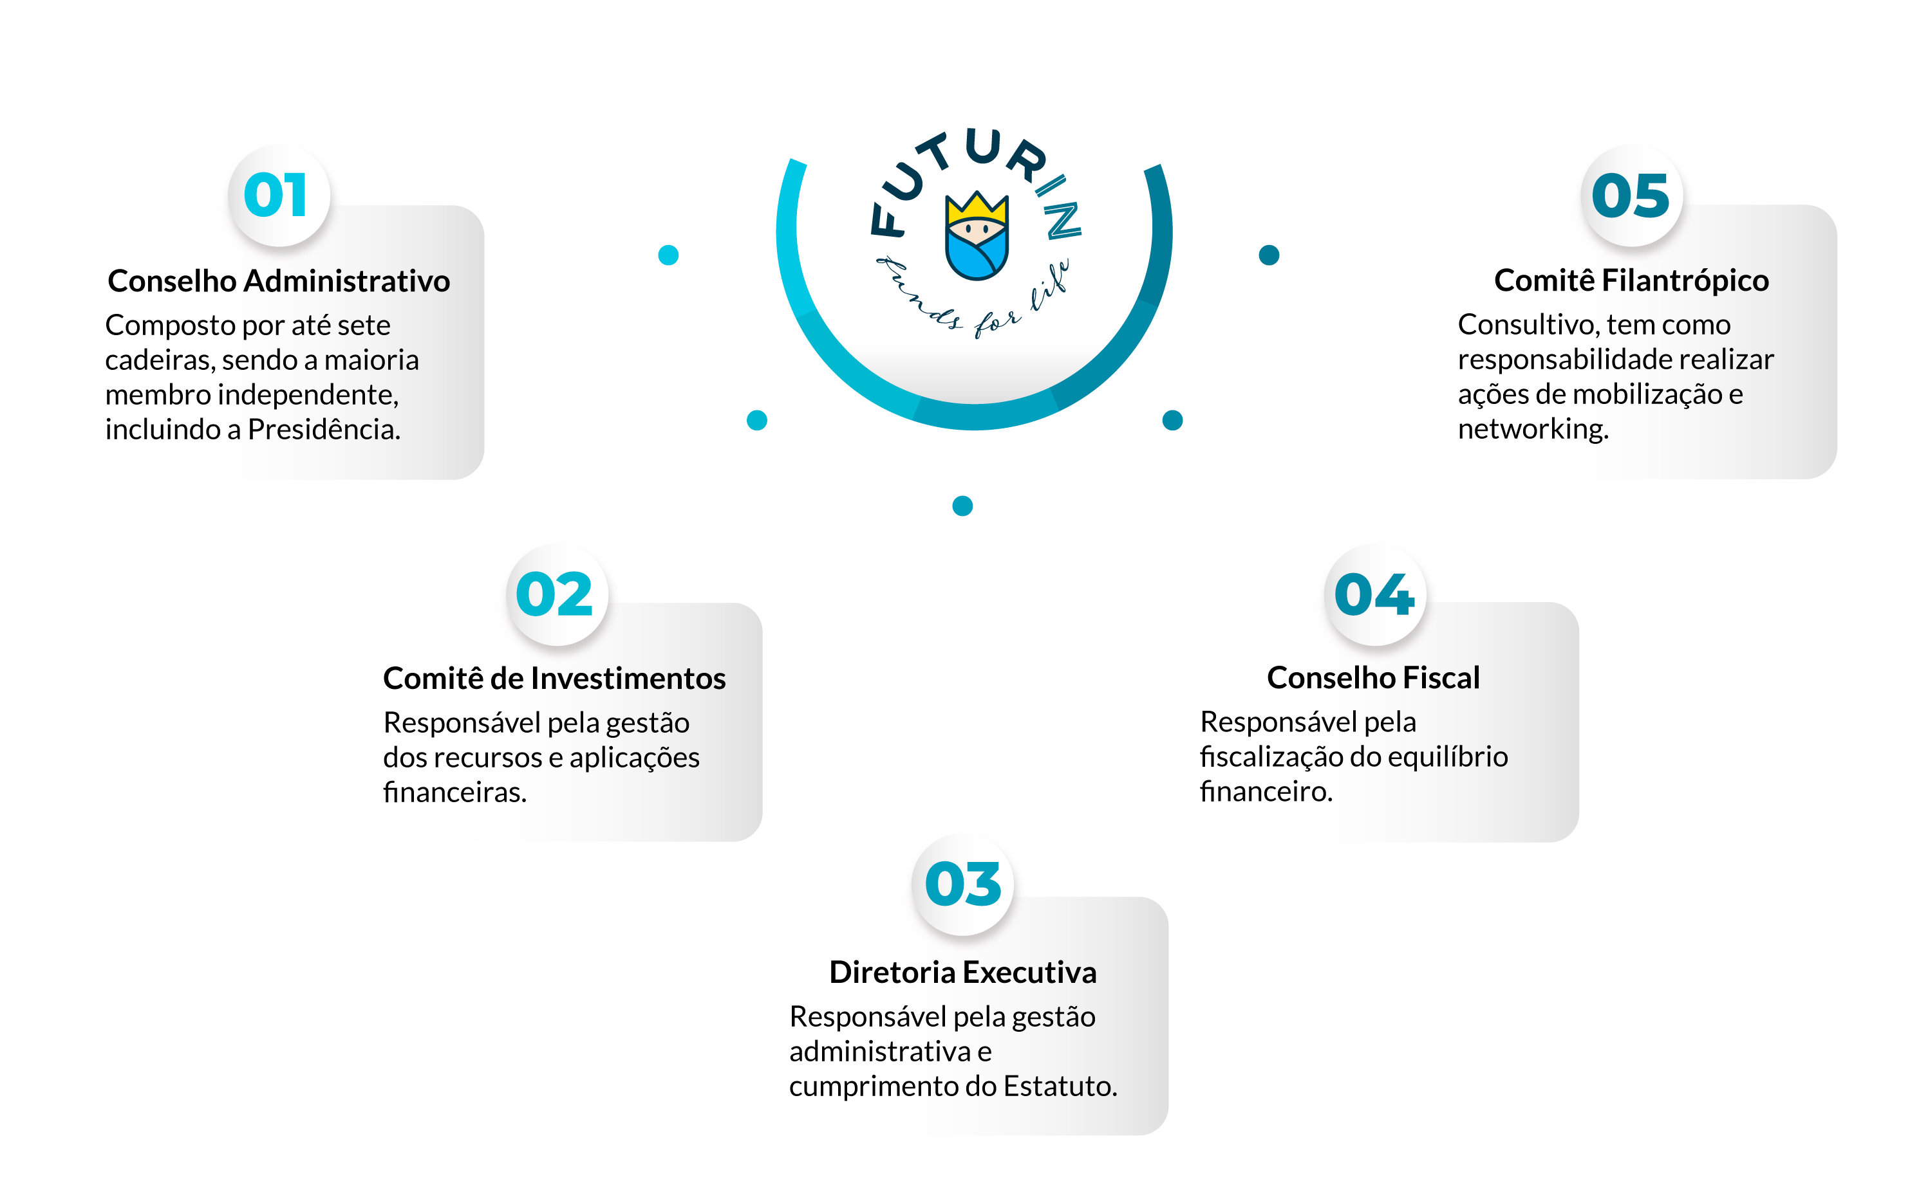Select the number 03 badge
click(x=963, y=884)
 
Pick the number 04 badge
click(x=1374, y=594)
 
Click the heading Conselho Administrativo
click(x=279, y=281)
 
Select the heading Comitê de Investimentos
click(x=554, y=679)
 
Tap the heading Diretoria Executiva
click(x=963, y=973)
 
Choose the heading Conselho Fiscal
click(x=1373, y=678)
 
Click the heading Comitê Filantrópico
click(x=1631, y=280)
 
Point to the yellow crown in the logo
click(x=977, y=207)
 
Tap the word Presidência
click(x=324, y=430)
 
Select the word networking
click(x=1533, y=429)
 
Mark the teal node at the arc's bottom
click(x=963, y=506)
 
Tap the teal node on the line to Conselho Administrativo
click(x=668, y=255)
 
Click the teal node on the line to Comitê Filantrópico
click(x=1268, y=255)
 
